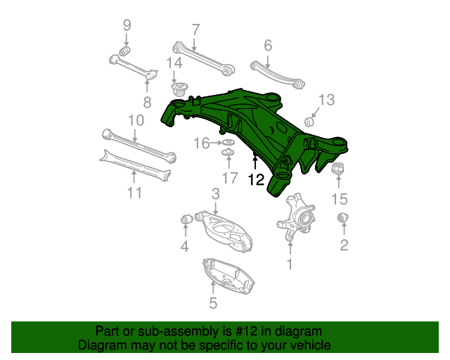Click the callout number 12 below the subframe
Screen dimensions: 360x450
(x=255, y=180)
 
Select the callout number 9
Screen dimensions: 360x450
(x=127, y=25)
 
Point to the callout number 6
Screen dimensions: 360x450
(x=267, y=46)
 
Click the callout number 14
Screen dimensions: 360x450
(x=174, y=63)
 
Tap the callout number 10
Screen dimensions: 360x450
(x=136, y=120)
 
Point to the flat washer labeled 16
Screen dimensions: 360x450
(x=228, y=143)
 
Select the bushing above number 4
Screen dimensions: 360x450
(x=187, y=219)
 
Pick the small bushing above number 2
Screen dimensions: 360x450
(x=344, y=218)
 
